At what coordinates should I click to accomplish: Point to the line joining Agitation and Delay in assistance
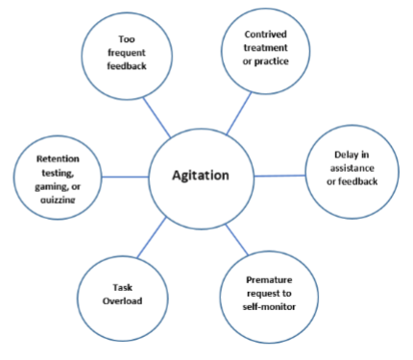279,175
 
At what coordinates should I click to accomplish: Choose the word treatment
254,49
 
